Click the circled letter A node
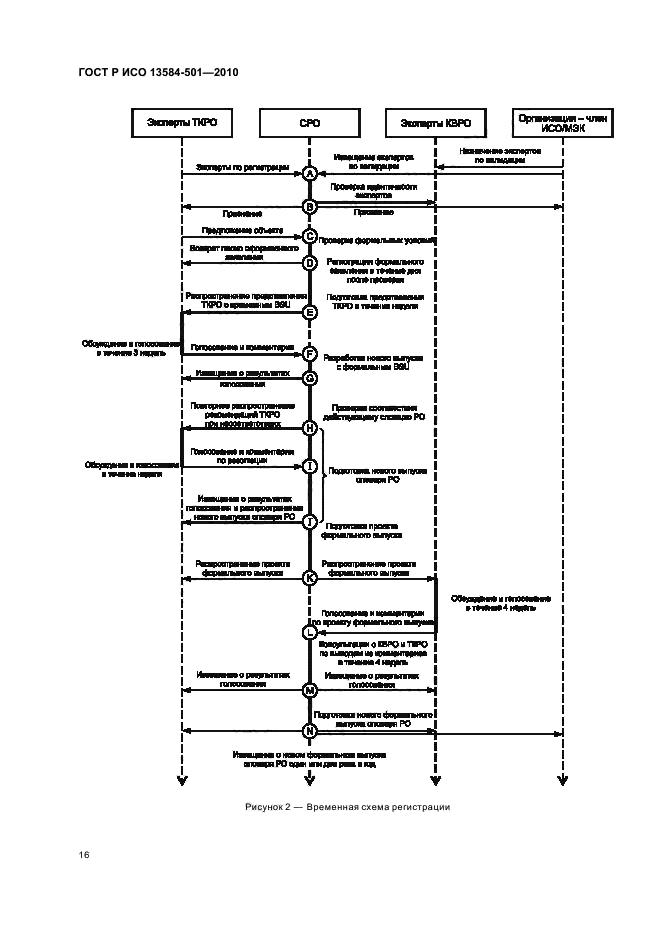(310, 174)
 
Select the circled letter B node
(310, 207)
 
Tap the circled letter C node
(310, 237)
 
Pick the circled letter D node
(310, 263)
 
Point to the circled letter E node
(310, 312)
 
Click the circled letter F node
(310, 353)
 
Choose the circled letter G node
(310, 379)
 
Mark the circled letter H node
(310, 428)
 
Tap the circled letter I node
(310, 466)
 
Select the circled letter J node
(310, 521)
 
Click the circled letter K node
(310, 578)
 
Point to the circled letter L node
(310, 632)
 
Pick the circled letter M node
(310, 690)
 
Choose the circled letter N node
(310, 731)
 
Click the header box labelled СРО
(309, 123)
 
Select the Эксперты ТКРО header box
(182, 123)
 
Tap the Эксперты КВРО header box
(435, 123)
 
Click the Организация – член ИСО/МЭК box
(563, 123)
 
